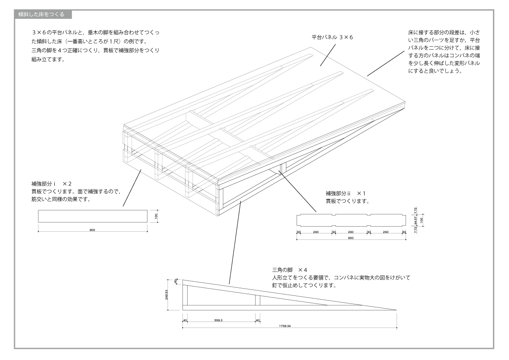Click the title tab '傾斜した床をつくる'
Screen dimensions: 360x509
(41, 15)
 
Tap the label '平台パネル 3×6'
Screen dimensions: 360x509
(332, 38)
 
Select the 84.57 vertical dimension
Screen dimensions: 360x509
(416, 220)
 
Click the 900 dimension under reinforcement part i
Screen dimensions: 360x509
(92, 230)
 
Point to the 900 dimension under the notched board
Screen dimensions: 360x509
(350, 237)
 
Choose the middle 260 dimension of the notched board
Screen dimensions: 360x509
(350, 232)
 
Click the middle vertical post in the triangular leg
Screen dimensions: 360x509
(257, 300)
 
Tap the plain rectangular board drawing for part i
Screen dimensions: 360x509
(92, 216)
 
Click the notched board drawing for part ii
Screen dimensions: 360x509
(350, 220)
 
